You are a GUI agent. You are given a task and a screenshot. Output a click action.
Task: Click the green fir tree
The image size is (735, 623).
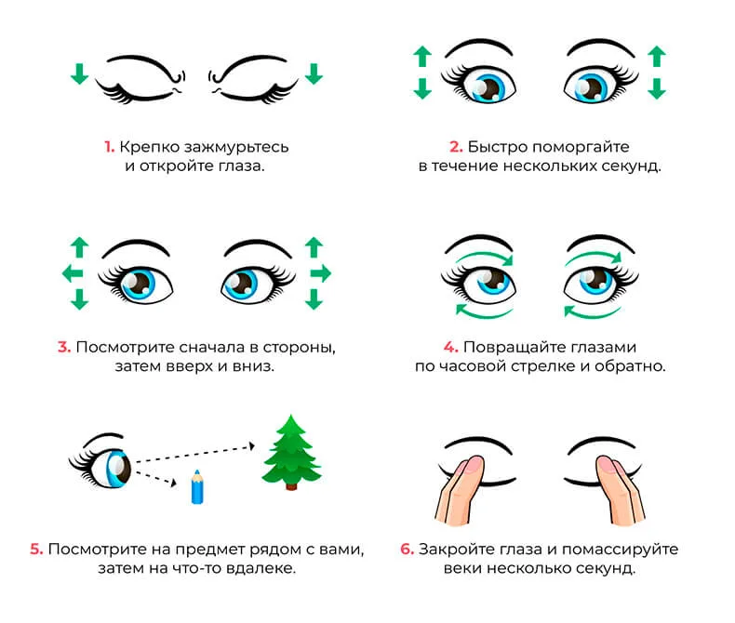click(291, 452)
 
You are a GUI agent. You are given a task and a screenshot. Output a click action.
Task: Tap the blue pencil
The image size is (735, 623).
click(197, 487)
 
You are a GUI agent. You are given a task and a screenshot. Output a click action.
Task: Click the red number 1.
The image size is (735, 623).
click(109, 147)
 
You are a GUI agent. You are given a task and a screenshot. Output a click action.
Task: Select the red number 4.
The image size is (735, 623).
click(450, 347)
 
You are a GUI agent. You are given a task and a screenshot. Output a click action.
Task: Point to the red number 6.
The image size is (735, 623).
click(407, 549)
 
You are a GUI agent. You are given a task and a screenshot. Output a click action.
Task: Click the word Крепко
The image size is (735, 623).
click(150, 148)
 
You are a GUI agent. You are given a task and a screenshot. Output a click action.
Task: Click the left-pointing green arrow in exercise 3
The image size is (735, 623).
click(73, 273)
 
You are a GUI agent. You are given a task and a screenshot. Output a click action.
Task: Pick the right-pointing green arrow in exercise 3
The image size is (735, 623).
click(321, 273)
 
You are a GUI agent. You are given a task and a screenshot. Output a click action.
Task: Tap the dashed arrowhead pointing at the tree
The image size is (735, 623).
click(252, 446)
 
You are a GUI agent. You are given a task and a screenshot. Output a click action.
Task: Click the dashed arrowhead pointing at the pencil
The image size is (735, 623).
click(173, 483)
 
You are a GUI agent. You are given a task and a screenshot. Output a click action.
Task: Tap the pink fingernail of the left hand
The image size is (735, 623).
click(474, 464)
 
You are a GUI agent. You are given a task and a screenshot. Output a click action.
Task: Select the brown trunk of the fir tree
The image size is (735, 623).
click(291, 486)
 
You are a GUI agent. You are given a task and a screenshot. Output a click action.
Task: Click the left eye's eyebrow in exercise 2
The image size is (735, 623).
click(478, 46)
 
